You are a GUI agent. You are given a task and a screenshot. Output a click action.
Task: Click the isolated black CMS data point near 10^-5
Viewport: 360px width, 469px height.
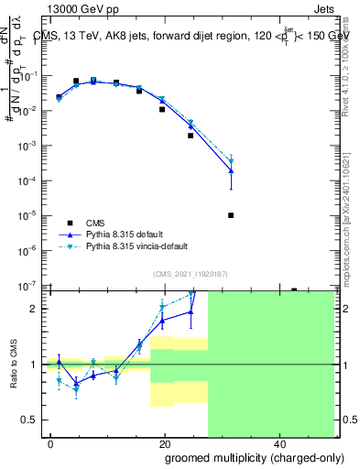[x=231, y=215]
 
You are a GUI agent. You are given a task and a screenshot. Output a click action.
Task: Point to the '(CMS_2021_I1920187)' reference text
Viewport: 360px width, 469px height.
[x=190, y=272]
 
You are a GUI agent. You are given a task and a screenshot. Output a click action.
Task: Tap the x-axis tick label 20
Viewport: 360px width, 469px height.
[x=164, y=443]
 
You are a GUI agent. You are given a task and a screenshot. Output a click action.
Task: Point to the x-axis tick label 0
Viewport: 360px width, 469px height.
[x=51, y=443]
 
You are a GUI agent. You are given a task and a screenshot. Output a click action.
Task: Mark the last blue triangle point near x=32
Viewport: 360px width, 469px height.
[x=231, y=170]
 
